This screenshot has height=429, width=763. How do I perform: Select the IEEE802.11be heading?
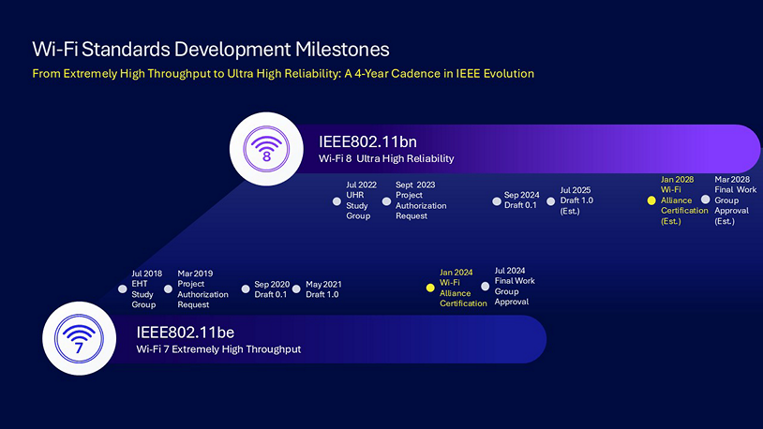pyautogui.click(x=185, y=332)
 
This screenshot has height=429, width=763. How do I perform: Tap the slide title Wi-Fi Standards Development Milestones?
pyautogui.click(x=211, y=49)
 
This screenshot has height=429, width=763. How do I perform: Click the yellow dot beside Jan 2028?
pyautogui.click(x=651, y=200)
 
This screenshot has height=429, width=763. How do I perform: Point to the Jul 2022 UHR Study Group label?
pyautogui.click(x=361, y=200)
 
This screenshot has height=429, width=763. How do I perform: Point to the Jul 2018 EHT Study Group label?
pyautogui.click(x=145, y=289)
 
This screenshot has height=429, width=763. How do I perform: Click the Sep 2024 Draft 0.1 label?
pyautogui.click(x=520, y=200)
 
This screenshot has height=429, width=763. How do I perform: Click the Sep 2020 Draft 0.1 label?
pyautogui.click(x=271, y=289)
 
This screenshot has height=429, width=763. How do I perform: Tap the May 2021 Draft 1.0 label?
pyautogui.click(x=323, y=289)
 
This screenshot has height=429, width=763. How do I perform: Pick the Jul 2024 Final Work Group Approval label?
pyautogui.click(x=514, y=286)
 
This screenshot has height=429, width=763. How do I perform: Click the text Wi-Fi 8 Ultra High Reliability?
pyautogui.click(x=386, y=159)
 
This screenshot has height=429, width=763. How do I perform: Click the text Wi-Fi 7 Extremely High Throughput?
pyautogui.click(x=218, y=349)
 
